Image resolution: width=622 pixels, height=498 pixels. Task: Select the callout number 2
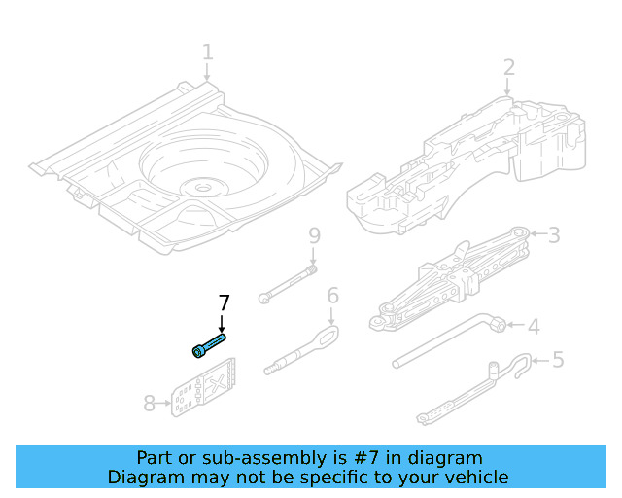508,67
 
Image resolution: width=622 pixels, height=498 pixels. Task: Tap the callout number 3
554,234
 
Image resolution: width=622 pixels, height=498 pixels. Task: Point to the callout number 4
533,326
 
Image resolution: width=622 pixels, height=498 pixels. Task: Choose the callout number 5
557,360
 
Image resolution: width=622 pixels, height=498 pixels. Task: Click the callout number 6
332,296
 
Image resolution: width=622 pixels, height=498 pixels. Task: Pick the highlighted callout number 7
224,302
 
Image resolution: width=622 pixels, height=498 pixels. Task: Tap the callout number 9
313,235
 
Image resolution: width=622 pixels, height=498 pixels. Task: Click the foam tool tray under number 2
466,160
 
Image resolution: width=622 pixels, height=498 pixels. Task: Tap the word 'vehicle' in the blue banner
474,477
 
